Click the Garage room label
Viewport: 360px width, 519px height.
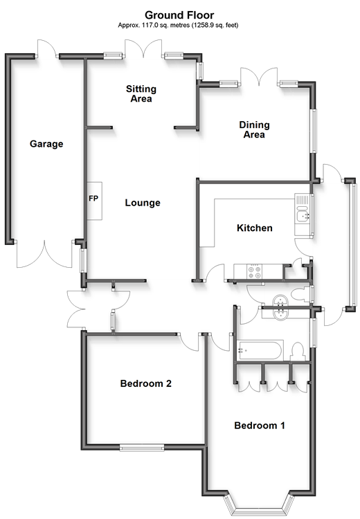[46, 144]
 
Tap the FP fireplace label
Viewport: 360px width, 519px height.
[93, 199]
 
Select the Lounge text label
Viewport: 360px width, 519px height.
[143, 203]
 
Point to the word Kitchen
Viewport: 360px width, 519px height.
[255, 228]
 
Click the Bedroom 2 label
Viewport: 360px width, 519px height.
[145, 383]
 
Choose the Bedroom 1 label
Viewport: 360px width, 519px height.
[260, 425]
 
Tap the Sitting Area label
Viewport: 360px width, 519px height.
[141, 93]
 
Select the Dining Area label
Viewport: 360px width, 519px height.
[254, 129]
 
